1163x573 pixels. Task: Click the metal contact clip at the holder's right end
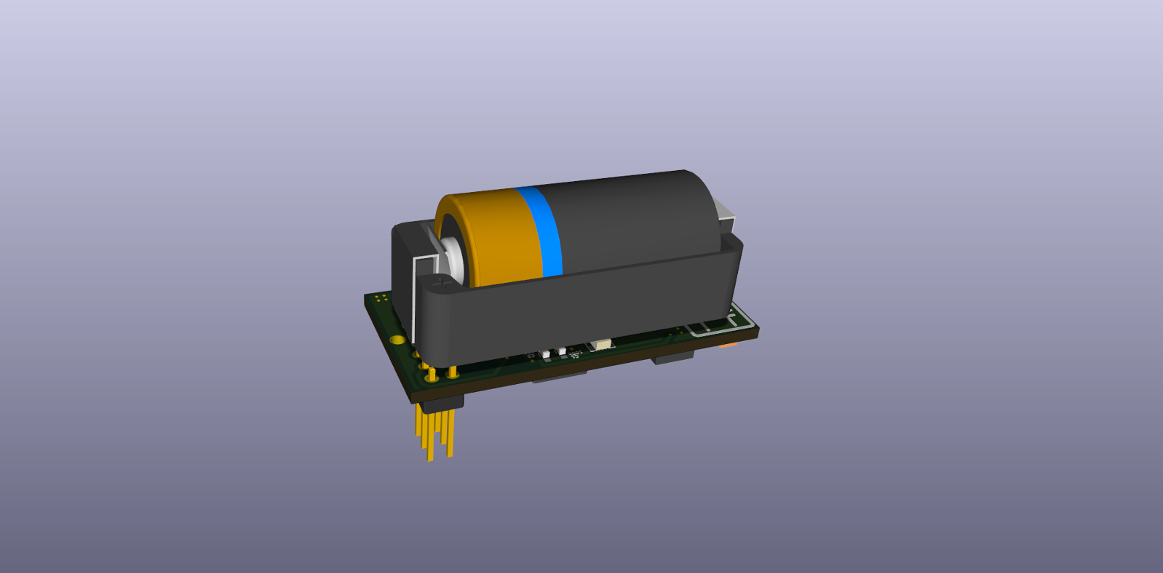[725, 215]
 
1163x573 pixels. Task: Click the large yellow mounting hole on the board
[397, 339]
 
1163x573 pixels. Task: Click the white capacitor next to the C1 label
[546, 353]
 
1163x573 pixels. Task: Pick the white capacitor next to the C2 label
[562, 350]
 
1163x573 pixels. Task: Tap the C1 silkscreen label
[531, 356]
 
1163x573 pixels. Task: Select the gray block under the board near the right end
[673, 358]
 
